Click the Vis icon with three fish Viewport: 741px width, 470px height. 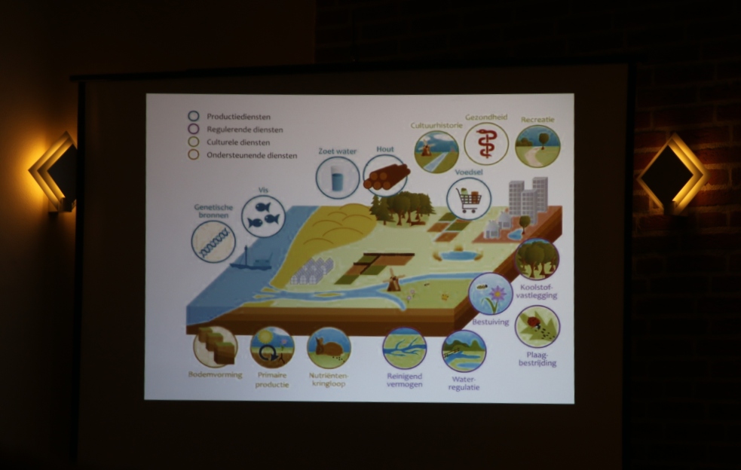coord(263,216)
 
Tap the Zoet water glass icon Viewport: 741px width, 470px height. coord(338,178)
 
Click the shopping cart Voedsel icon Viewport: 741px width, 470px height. coord(469,199)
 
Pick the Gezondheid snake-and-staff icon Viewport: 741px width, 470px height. coord(485,144)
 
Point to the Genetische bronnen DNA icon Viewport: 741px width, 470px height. coord(213,242)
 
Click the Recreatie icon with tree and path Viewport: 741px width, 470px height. coord(537,145)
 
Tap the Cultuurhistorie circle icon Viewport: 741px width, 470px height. coord(436,151)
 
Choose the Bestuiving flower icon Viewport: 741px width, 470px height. coord(491,294)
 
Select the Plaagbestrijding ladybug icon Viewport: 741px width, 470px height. coord(537,327)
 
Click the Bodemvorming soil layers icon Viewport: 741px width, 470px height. coord(216,347)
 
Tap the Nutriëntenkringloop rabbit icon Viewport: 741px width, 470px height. coord(329,348)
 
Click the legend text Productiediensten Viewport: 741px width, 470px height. coord(238,117)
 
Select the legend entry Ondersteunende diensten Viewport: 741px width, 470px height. coord(252,155)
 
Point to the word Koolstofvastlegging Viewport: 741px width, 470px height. coord(537,291)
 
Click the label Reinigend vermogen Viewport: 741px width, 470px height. coord(405,380)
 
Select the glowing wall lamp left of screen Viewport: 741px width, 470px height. coord(53,172)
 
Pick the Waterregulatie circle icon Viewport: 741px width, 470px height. coord(464,352)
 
